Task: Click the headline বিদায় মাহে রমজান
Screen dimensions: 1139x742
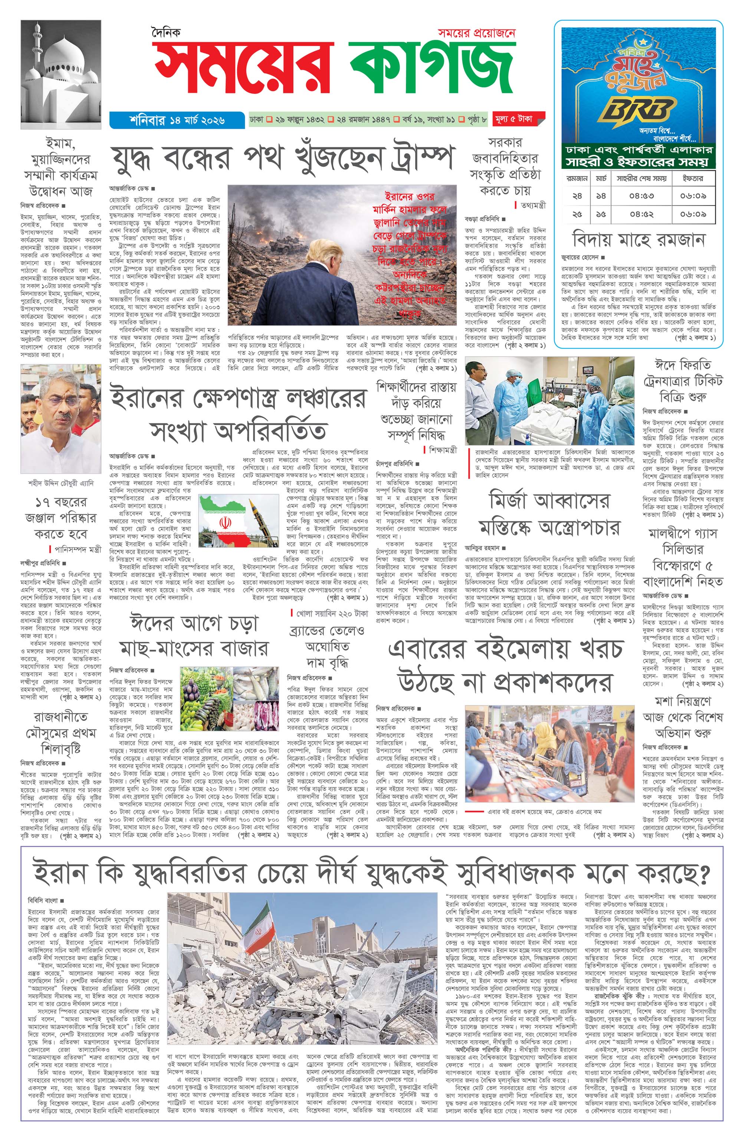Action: point(638,239)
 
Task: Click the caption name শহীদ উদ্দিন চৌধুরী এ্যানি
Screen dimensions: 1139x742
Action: point(61,483)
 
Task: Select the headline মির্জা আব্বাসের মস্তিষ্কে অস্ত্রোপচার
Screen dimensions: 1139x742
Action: point(549,514)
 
